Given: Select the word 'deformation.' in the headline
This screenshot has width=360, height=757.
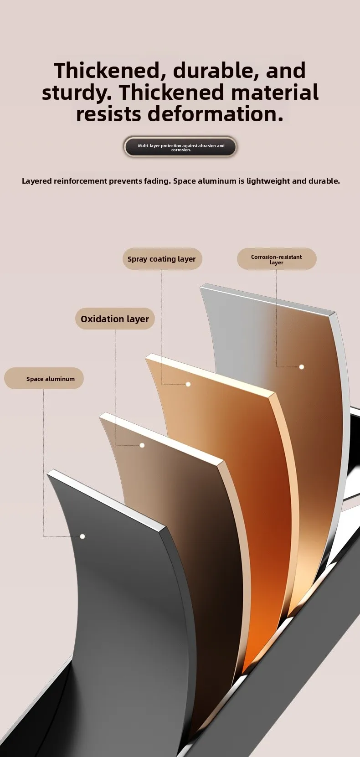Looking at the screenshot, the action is (x=213, y=114).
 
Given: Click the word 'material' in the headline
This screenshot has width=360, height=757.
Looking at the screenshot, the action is (x=274, y=93).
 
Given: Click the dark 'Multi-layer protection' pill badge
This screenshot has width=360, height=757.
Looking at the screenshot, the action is (x=180, y=147).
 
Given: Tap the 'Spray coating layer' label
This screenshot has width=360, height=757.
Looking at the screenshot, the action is (x=162, y=259).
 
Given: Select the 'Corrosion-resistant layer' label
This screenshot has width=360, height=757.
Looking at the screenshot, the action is (x=277, y=259).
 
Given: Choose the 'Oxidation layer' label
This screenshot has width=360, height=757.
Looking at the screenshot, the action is (x=115, y=319).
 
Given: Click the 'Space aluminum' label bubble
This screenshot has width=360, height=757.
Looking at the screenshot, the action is (x=44, y=379).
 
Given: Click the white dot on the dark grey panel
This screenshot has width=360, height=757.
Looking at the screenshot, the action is (x=82, y=536).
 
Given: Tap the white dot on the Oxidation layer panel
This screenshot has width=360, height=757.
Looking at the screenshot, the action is (x=142, y=445).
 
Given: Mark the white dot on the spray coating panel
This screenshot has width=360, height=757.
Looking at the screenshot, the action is (x=188, y=384).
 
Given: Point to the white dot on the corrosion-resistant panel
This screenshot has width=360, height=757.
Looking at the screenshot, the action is (x=301, y=367).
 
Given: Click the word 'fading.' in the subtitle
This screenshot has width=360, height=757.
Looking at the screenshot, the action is (x=156, y=181).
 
